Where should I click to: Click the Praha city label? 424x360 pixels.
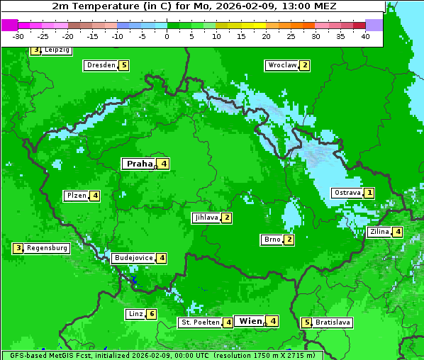[139, 164]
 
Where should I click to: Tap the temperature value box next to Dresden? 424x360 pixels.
[124, 65]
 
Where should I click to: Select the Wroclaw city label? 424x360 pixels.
[281, 65]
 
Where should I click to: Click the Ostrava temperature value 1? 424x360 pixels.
[369, 193]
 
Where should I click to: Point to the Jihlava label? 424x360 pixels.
[206, 218]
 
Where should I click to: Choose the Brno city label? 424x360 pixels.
[272, 240]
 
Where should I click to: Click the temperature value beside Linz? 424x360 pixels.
[152, 314]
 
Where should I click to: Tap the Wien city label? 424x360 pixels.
[250, 321]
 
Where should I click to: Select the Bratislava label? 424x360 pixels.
[333, 322]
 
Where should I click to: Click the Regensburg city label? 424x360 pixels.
[47, 248]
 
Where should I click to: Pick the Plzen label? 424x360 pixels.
[76, 196]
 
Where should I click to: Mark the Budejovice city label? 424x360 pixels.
[133, 258]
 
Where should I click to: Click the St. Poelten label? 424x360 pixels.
[199, 322]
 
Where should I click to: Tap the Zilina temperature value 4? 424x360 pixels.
[398, 232]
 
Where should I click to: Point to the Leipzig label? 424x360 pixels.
[56, 50]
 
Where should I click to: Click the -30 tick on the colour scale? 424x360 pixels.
[18, 36]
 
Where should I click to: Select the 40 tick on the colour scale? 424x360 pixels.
[365, 36]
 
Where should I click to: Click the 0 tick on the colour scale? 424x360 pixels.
[167, 36]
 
